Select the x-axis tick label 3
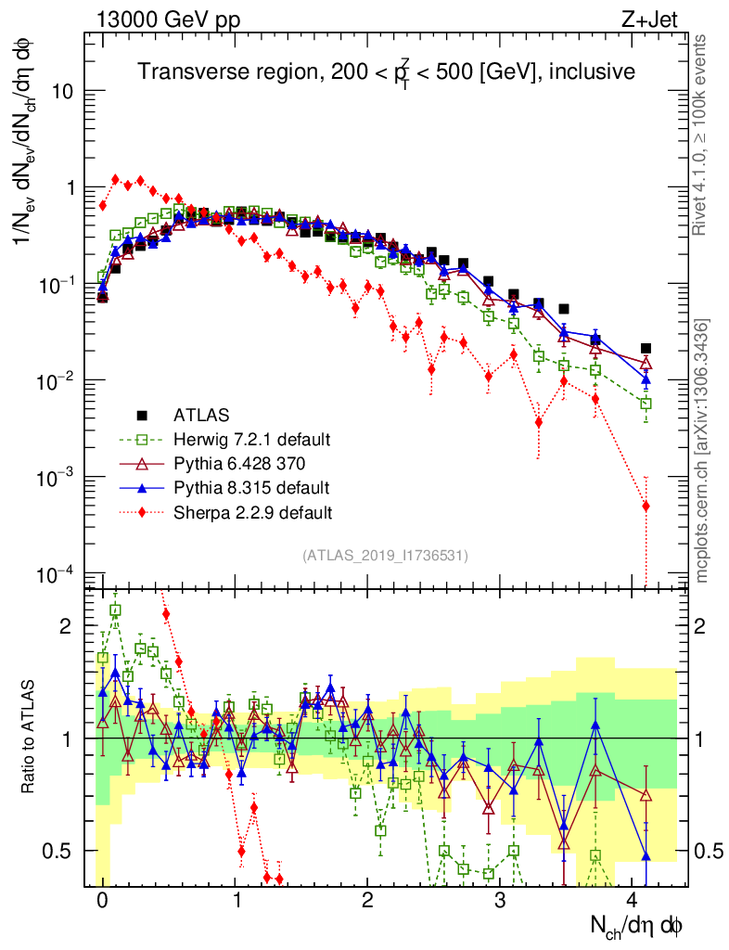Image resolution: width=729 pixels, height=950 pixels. (500, 900)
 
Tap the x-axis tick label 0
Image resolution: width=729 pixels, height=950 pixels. (102, 900)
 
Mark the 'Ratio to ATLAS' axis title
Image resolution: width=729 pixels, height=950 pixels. (28, 738)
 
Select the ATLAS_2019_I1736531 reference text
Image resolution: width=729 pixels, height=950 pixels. (385, 555)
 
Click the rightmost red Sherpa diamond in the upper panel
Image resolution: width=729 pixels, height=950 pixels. (646, 506)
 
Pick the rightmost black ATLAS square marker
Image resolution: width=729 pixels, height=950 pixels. (646, 349)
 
